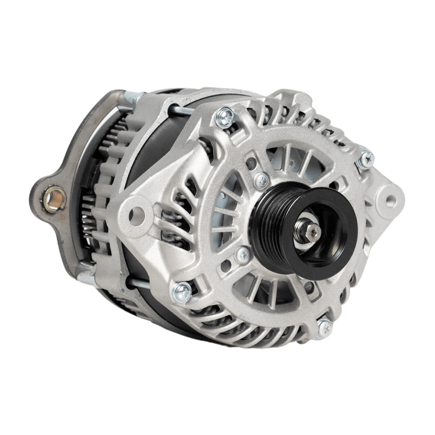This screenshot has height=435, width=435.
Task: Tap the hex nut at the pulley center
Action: tap(313, 231)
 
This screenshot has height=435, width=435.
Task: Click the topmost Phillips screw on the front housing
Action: tap(225, 117)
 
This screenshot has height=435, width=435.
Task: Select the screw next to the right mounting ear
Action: tap(365, 159)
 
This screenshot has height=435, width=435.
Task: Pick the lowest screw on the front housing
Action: tap(324, 327)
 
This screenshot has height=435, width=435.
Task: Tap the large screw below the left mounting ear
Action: tap(181, 292)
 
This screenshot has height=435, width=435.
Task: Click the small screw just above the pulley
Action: tap(262, 180)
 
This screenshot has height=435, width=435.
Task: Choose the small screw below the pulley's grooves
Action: tap(243, 255)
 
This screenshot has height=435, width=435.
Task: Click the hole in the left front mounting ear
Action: tap(138, 213)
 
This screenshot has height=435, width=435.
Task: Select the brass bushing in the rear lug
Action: tap(56, 197)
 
